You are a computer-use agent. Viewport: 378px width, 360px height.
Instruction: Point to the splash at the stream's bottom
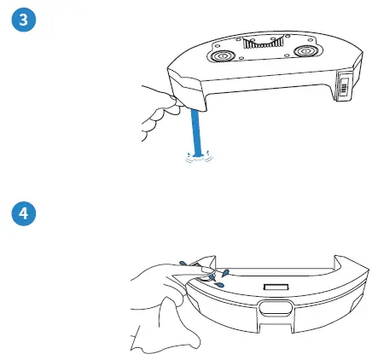196,154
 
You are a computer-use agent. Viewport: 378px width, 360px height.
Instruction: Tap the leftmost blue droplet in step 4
182,263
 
